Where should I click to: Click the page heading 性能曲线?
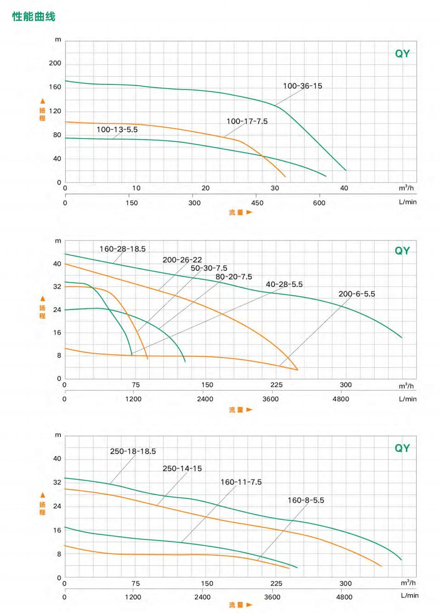(x=34, y=17)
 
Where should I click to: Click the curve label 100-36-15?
(x=302, y=86)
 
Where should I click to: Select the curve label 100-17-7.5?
(x=247, y=121)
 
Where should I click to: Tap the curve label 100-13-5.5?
(x=117, y=129)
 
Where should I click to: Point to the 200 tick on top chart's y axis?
(x=55, y=63)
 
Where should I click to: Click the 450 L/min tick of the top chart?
(x=257, y=202)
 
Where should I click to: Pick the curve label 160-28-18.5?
(x=122, y=249)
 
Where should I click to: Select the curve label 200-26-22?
(x=182, y=260)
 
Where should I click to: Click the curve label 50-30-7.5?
(x=209, y=268)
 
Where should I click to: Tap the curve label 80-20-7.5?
(x=233, y=277)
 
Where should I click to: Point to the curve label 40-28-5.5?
(x=284, y=284)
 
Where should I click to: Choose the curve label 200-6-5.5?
(x=356, y=294)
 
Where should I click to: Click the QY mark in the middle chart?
(x=402, y=251)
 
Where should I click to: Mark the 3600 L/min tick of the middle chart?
(x=271, y=399)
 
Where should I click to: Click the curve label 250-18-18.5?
(x=133, y=451)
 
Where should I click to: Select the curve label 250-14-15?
(x=182, y=468)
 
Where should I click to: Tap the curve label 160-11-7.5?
(x=241, y=482)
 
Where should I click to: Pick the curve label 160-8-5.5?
(x=305, y=500)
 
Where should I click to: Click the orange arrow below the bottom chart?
(x=249, y=605)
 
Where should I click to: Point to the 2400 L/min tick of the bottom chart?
(x=202, y=597)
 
